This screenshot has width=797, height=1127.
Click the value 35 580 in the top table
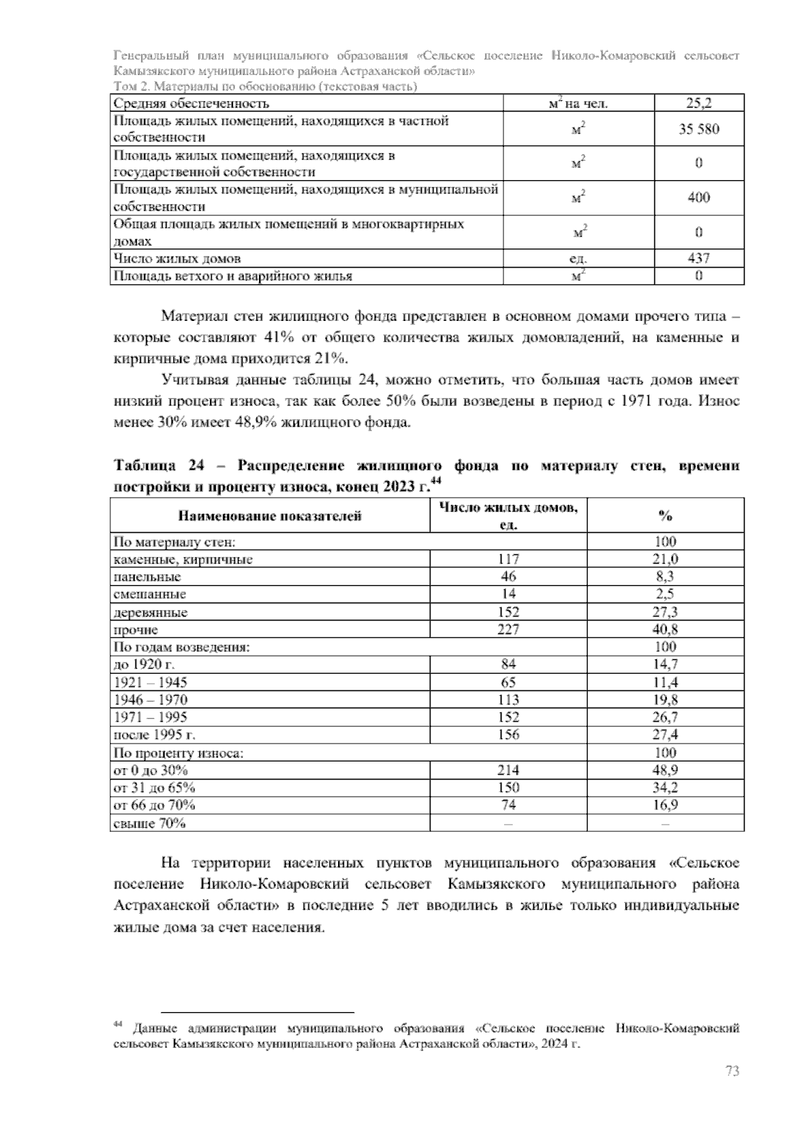point(699,129)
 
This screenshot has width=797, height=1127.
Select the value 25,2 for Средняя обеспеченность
point(699,103)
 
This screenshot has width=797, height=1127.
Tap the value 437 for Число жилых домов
point(699,258)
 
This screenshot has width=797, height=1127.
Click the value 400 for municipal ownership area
point(699,197)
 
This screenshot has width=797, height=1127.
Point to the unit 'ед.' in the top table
point(578,259)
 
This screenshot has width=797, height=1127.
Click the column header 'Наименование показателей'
point(270,516)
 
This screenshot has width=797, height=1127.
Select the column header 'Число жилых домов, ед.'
point(509,516)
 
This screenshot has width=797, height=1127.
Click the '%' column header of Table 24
point(665,516)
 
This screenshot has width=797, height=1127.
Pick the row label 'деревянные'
point(151,612)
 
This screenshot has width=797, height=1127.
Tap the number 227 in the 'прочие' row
point(509,629)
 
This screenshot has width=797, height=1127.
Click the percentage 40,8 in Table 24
point(665,629)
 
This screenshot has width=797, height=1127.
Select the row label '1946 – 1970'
point(151,700)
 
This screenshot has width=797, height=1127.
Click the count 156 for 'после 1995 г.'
point(509,735)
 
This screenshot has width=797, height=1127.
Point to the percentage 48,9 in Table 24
point(665,770)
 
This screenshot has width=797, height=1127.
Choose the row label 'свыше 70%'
point(150,823)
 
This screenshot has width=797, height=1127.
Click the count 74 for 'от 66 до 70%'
point(509,805)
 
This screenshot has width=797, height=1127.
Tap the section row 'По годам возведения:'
point(182,647)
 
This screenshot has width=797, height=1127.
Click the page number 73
point(732,1072)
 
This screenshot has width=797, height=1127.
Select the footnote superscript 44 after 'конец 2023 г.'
point(436,480)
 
